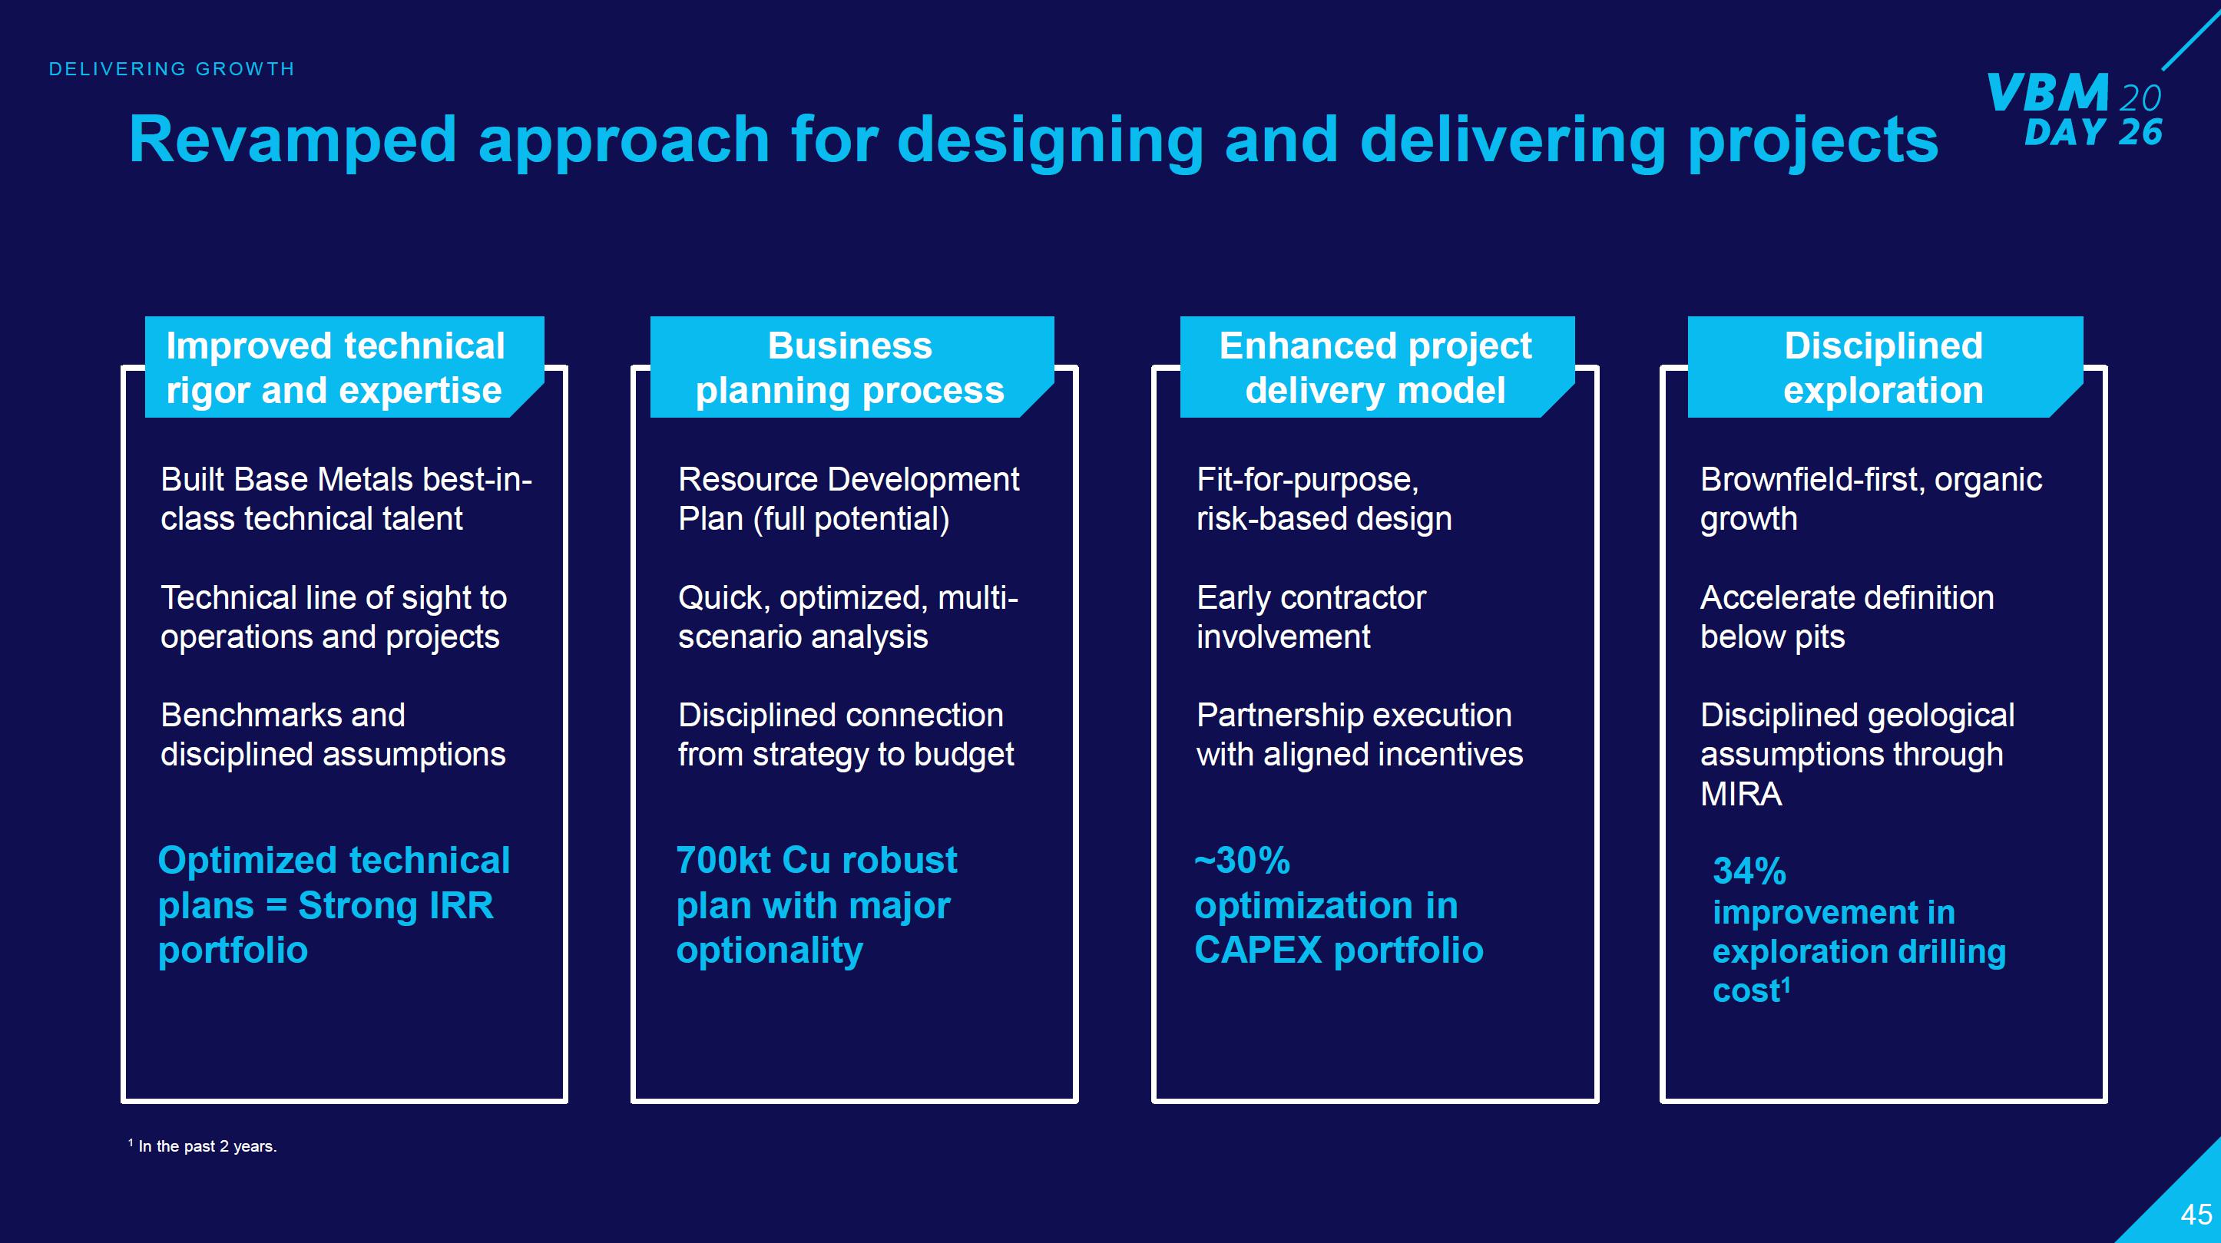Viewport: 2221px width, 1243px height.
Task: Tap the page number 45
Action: pyautogui.click(x=2196, y=1215)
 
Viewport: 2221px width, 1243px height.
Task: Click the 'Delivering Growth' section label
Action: pyautogui.click(x=171, y=69)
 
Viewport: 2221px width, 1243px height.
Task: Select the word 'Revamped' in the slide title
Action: pyautogui.click(x=291, y=140)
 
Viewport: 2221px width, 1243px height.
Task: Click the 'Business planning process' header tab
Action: pyautogui.click(x=850, y=368)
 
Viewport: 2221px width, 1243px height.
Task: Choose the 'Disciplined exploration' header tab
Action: pyautogui.click(x=1883, y=368)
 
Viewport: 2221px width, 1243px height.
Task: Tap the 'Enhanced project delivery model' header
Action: pyautogui.click(x=1375, y=368)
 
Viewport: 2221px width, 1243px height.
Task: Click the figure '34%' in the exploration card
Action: pyautogui.click(x=1749, y=871)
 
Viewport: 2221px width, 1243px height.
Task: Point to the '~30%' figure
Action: pyautogui.click(x=1242, y=861)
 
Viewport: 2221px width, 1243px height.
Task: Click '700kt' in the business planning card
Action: pyautogui.click(x=723, y=861)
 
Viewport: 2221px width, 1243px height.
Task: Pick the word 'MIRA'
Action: pyautogui.click(x=1740, y=794)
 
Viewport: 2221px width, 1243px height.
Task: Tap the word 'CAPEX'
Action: pyautogui.click(x=1257, y=950)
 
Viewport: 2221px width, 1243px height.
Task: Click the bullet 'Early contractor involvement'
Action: pyautogui.click(x=1310, y=617)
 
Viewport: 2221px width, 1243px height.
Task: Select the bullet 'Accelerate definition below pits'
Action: pyautogui.click(x=1846, y=617)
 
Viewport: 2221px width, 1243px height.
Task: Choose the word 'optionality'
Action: pyautogui.click(x=769, y=950)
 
